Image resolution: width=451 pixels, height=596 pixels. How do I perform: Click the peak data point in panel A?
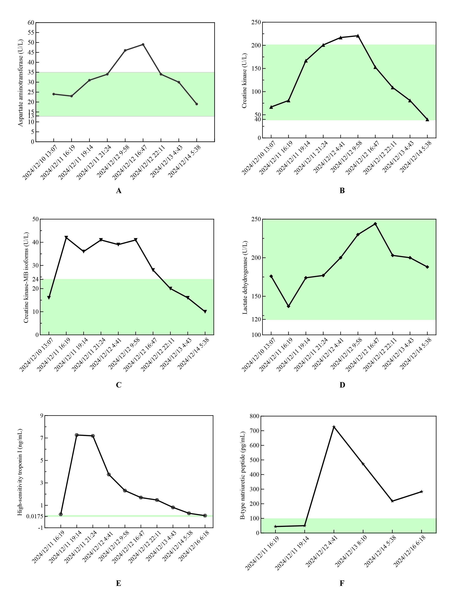point(143,44)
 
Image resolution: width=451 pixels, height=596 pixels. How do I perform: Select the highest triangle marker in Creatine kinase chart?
point(358,36)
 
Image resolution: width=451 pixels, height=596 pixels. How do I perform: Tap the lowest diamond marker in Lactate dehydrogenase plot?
point(289,306)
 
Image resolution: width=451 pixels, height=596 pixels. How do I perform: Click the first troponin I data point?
point(61,514)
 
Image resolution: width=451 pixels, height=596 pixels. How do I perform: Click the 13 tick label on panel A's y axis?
point(31,116)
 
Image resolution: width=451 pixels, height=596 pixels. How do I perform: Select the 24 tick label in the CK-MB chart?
point(35,279)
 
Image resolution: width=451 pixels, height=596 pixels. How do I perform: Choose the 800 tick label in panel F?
point(255,416)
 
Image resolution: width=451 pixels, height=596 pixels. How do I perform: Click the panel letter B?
point(342,191)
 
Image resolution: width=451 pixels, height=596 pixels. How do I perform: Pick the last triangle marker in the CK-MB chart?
point(205,312)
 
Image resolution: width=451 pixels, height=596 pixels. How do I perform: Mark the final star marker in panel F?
point(421,492)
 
